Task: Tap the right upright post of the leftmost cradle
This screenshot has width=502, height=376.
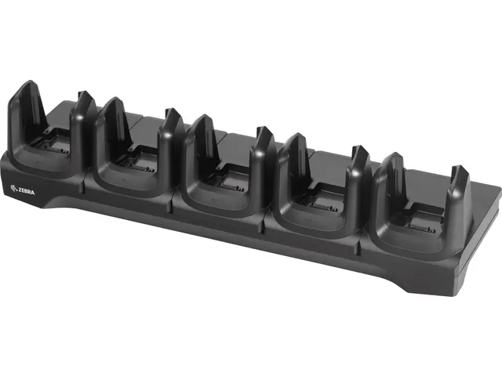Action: [84, 117]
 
